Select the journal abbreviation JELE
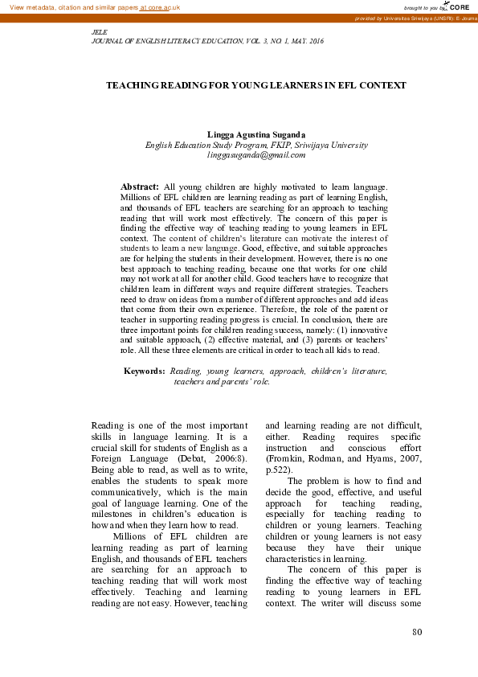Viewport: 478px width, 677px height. [101, 31]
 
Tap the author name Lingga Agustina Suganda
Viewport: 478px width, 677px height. [256, 134]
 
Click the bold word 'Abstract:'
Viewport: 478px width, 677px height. [138, 186]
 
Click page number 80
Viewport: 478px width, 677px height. [416, 632]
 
